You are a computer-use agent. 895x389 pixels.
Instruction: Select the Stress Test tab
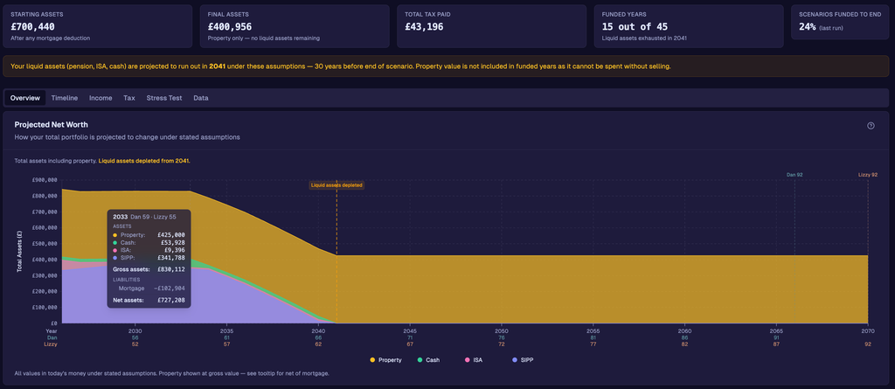(164, 98)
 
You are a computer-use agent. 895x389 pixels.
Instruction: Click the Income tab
(101, 98)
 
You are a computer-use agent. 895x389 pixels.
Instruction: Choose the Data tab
(201, 98)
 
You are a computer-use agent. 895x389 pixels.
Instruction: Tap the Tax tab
(129, 98)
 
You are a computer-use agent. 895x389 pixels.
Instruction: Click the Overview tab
(25, 98)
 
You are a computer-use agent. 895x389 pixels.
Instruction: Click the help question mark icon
(871, 126)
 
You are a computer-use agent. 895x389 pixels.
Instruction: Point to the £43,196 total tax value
(424, 27)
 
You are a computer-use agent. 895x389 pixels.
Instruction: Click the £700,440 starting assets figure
(33, 27)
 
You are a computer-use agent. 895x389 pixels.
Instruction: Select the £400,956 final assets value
(231, 27)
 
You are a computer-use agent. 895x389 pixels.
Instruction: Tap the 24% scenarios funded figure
(807, 27)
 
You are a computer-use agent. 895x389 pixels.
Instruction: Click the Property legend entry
(385, 360)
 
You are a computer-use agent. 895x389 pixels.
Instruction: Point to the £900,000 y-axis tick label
(45, 180)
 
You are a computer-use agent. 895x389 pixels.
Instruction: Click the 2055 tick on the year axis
(593, 331)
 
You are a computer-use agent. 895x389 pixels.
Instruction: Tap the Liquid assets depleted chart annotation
(336, 185)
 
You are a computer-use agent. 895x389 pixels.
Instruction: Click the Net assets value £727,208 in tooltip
(171, 300)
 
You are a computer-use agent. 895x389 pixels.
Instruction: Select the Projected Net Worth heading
(52, 125)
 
